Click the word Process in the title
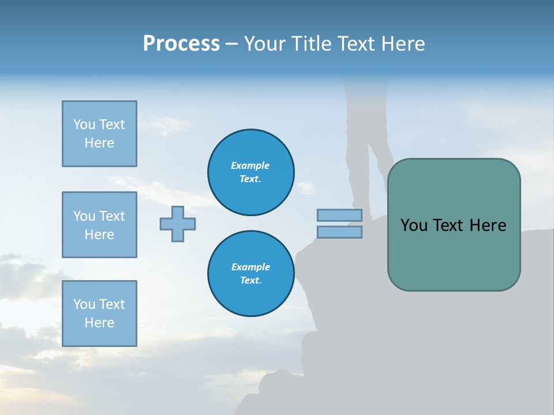pyautogui.click(x=181, y=44)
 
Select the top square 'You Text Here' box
pyautogui.click(x=99, y=134)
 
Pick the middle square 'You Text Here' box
pyautogui.click(x=99, y=225)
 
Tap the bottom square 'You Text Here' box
pyautogui.click(x=99, y=314)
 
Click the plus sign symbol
pyautogui.click(x=178, y=224)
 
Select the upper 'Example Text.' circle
pyautogui.click(x=250, y=172)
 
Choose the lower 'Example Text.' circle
pyautogui.click(x=250, y=274)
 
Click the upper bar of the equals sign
pyautogui.click(x=339, y=216)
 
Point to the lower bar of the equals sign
pyautogui.click(x=339, y=232)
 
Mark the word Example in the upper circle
pyautogui.click(x=250, y=165)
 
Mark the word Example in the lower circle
pyautogui.click(x=250, y=267)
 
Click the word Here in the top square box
pyautogui.click(x=99, y=143)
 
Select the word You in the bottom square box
pyautogui.click(x=84, y=304)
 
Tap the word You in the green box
pyautogui.click(x=414, y=225)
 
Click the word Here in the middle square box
pyautogui.click(x=99, y=235)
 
